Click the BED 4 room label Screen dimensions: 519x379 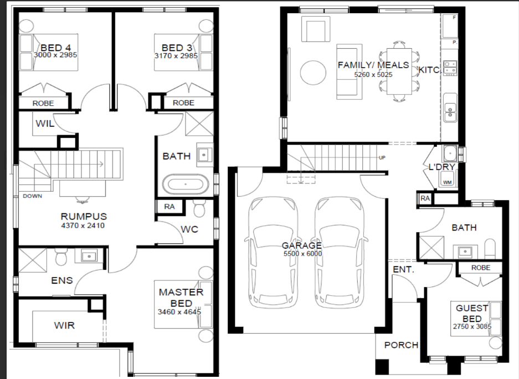[x=55, y=48]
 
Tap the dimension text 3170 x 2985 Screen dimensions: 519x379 [x=176, y=55]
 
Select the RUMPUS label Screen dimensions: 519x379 [x=84, y=216]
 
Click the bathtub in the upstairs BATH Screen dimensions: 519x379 [x=186, y=184]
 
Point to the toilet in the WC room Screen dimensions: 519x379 [x=199, y=208]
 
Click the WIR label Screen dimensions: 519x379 [x=64, y=325]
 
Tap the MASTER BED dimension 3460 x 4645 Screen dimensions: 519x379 [x=179, y=312]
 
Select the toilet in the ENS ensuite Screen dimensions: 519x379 [x=61, y=257]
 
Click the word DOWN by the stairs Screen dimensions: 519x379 [x=33, y=196]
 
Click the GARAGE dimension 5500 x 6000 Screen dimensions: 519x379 [x=302, y=254]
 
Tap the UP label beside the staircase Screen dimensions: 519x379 [x=382, y=157]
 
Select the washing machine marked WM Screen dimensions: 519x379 [x=447, y=181]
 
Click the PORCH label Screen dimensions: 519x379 [x=401, y=345]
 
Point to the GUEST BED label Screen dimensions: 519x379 [x=472, y=314]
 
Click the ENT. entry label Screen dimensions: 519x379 [x=403, y=269]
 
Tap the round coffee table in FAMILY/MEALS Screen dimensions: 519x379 [x=313, y=73]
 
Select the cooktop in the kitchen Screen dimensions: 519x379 [x=450, y=68]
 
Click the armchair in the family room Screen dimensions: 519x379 [x=315, y=30]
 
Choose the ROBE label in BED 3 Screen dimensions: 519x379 [x=183, y=103]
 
